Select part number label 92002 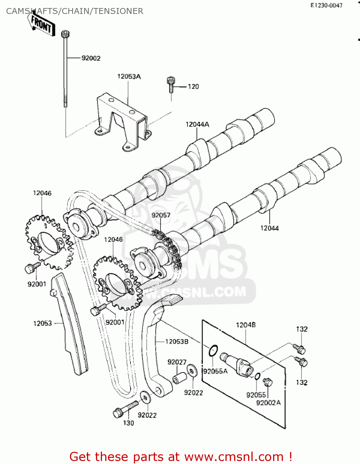91,58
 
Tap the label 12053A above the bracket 129,76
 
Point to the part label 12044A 197,124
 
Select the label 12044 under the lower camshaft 269,228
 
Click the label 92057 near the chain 161,215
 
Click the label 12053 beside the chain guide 42,323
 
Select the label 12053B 177,342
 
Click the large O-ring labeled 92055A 213,351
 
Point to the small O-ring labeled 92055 257,376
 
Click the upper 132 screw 300,349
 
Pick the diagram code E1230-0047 326,5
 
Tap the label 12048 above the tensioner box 246,325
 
